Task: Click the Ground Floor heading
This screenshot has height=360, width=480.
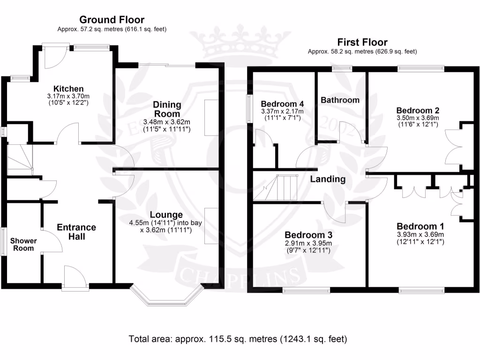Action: coord(112,20)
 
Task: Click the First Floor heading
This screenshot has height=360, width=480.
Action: coord(362,42)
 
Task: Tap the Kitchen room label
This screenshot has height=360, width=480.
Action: coord(68,89)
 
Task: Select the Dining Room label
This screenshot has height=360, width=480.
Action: coord(167,109)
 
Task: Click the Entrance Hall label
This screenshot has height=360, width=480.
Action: coord(76,232)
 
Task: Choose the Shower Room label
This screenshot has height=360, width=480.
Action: coord(23,244)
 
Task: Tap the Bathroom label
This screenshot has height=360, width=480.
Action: coord(340,100)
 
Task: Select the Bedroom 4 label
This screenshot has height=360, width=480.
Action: coord(279,104)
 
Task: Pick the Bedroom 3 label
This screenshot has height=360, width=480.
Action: coord(308,234)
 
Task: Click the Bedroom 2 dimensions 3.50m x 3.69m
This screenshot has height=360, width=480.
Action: coord(417,118)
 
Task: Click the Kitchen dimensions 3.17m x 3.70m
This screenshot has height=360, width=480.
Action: coord(68,96)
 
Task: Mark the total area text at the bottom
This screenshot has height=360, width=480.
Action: coord(238,338)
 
